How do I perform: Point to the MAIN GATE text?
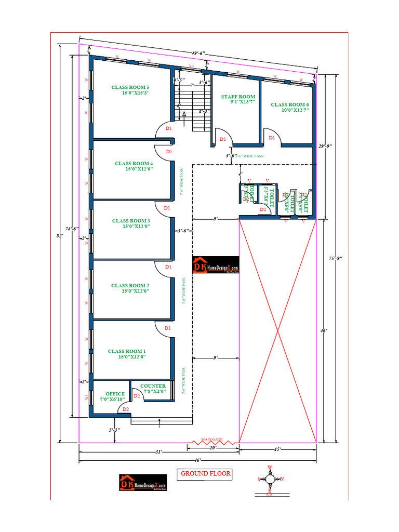(212, 440)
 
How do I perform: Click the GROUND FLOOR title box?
(205, 474)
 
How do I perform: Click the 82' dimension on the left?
(60, 236)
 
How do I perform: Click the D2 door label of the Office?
(125, 409)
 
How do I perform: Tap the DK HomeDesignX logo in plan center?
(216, 265)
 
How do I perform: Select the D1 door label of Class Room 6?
(272, 138)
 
